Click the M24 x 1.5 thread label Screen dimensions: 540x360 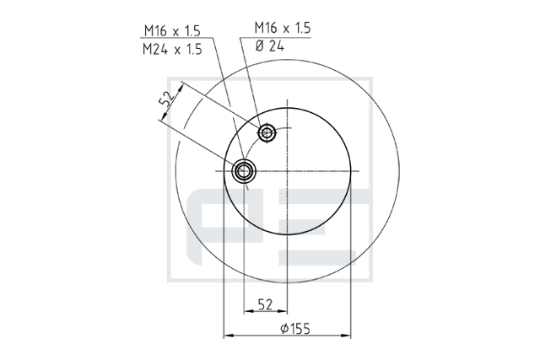click(x=172, y=50)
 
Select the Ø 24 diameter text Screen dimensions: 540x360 click(x=270, y=46)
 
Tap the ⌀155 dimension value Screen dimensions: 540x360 click(x=295, y=329)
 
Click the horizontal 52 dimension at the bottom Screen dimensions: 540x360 click(x=265, y=304)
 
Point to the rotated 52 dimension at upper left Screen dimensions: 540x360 click(x=167, y=99)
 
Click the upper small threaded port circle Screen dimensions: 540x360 click(x=267, y=132)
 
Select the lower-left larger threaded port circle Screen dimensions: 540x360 click(x=244, y=170)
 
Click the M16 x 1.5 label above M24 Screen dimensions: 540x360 click(x=172, y=31)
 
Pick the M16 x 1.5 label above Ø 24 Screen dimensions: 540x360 click(x=283, y=28)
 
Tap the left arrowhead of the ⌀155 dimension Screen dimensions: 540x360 click(x=229, y=335)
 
